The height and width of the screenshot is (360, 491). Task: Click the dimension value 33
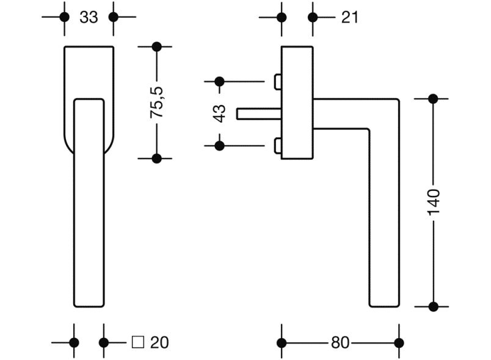click(x=89, y=17)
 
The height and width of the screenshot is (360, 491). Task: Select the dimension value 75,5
click(x=157, y=102)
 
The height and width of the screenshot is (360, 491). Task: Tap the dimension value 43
click(x=220, y=113)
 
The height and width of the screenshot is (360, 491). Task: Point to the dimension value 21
click(x=349, y=17)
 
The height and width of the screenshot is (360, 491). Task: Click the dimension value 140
click(x=434, y=201)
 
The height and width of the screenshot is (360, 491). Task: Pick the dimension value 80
click(x=340, y=343)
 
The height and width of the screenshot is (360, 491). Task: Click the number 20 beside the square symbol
click(x=159, y=343)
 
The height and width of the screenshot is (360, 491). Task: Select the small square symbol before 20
click(x=138, y=342)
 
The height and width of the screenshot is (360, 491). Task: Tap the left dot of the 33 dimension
click(x=64, y=17)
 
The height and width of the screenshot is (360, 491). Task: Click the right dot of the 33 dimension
click(x=113, y=17)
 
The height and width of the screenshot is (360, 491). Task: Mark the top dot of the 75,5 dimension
click(x=156, y=46)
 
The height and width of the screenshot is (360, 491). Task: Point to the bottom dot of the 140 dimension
click(x=434, y=306)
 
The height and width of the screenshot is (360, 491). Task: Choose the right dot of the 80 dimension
click(x=399, y=343)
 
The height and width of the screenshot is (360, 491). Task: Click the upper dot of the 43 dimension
click(x=220, y=81)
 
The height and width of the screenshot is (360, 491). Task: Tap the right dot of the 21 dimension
click(x=313, y=17)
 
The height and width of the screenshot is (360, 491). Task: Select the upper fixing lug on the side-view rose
click(x=278, y=81)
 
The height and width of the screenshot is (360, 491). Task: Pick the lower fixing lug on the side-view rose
click(x=278, y=145)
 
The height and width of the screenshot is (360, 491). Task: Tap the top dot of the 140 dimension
click(x=434, y=98)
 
